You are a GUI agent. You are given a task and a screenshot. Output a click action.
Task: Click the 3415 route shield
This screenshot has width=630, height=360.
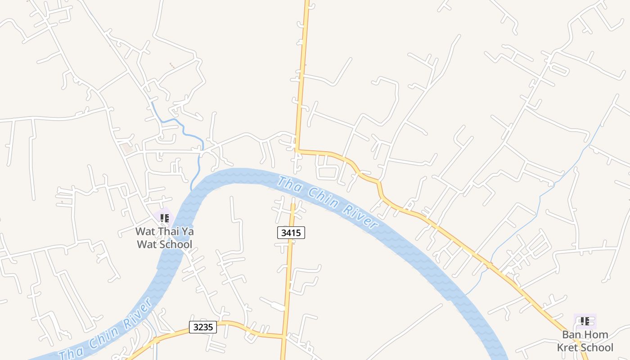(x=291, y=233)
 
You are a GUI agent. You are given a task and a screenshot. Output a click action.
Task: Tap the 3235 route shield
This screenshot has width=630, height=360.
(x=202, y=327)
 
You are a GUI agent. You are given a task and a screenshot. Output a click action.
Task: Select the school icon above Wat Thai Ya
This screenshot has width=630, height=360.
(x=164, y=218)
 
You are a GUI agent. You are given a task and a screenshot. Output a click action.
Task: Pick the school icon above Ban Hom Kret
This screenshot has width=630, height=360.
(x=585, y=321)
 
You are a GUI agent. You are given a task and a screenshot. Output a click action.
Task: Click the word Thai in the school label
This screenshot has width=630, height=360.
(x=167, y=232)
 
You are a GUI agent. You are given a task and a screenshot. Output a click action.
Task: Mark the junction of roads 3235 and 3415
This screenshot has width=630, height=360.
(x=283, y=336)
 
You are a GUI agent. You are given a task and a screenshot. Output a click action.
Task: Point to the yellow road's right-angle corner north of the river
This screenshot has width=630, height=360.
(x=297, y=151)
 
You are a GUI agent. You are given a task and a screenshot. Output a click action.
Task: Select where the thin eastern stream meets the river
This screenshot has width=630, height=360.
(x=466, y=295)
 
